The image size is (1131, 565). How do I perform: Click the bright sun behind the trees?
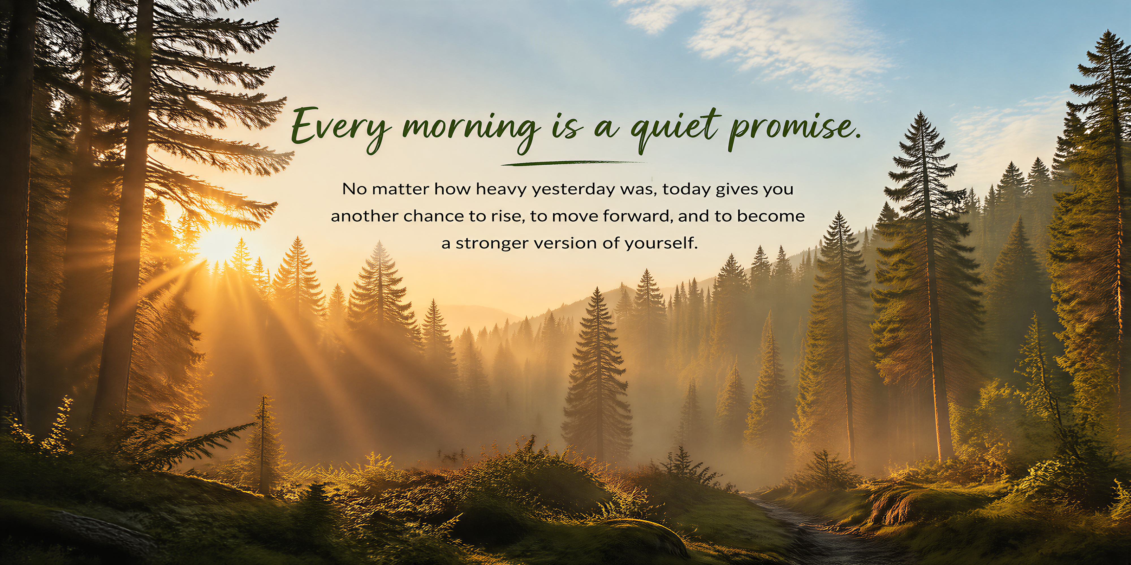point(218,244)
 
